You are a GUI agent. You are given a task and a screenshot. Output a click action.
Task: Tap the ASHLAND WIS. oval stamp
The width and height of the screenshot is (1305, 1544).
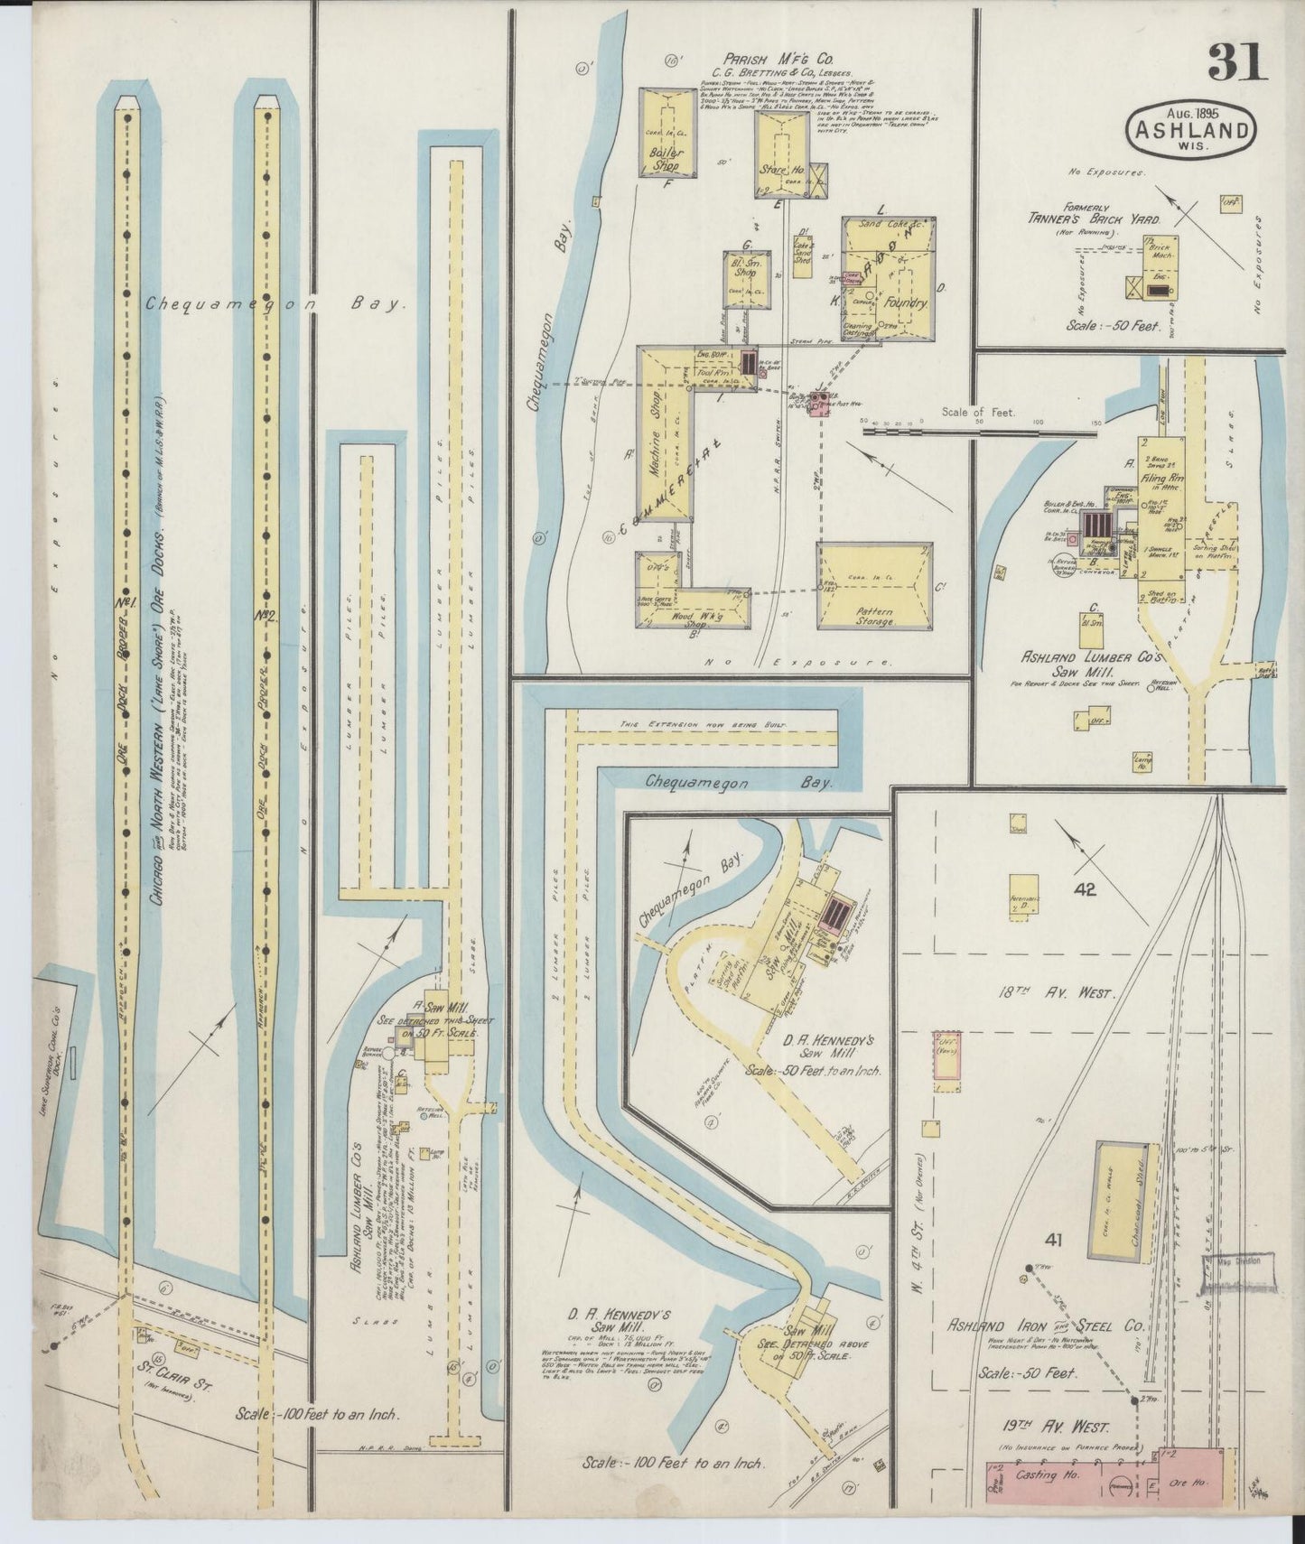click(1191, 130)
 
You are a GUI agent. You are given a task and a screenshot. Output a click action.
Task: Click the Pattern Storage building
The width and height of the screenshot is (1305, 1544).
click(874, 586)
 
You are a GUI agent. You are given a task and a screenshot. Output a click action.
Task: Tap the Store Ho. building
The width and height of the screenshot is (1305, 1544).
click(782, 153)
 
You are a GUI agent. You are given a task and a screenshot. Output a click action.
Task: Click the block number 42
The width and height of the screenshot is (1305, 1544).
click(1085, 889)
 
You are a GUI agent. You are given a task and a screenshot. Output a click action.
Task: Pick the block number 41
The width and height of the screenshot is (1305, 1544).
click(1054, 1242)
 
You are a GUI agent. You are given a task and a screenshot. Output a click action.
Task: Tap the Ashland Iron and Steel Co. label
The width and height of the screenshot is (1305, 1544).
click(1045, 1327)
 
